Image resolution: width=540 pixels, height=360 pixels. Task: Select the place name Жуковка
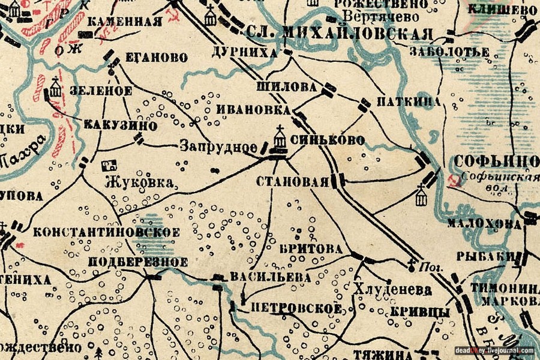(x=141, y=182)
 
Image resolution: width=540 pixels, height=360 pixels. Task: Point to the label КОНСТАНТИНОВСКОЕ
(x=107, y=232)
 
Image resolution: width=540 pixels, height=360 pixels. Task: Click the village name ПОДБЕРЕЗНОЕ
(x=138, y=262)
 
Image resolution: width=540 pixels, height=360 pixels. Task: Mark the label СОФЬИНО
(x=496, y=161)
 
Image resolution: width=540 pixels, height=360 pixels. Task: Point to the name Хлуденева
(x=393, y=289)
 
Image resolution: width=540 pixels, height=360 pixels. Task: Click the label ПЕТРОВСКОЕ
(x=296, y=308)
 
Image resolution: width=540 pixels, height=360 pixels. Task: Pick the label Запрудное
(x=218, y=146)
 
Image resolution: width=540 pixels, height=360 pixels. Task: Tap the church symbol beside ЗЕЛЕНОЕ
(x=56, y=88)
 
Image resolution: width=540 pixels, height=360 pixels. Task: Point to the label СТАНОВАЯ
(x=292, y=181)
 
